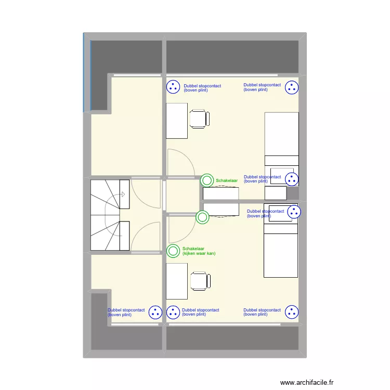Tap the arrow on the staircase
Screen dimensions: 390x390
click(x=123, y=195)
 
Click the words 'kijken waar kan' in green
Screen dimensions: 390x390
click(x=199, y=254)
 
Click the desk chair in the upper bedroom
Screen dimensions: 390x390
click(x=200, y=119)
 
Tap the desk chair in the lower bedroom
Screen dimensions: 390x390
click(x=200, y=281)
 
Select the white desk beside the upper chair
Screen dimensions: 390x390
click(x=177, y=121)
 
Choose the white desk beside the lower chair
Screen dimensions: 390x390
click(x=177, y=281)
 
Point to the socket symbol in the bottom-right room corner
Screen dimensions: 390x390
click(x=291, y=313)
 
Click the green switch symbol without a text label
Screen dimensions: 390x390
click(x=202, y=217)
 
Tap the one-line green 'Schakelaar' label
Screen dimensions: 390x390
click(x=227, y=181)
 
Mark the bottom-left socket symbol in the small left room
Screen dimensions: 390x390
click(x=155, y=313)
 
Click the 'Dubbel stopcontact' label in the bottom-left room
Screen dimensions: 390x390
click(x=126, y=312)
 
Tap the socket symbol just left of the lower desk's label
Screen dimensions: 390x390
click(x=173, y=313)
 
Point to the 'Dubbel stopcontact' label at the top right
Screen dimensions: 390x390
click(x=262, y=87)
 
